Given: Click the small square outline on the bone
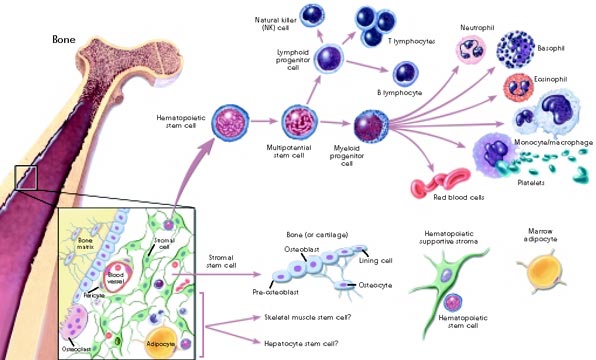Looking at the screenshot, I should [x=26, y=178].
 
